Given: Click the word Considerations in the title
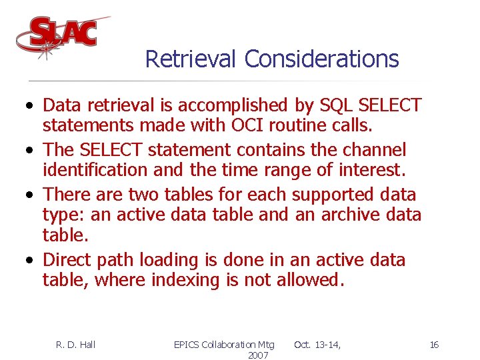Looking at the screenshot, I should [x=321, y=59].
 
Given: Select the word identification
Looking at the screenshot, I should [x=95, y=171].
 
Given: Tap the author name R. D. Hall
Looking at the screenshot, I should [x=75, y=344].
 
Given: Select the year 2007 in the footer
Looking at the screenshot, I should [x=257, y=355].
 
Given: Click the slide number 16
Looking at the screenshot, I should [x=434, y=344].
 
